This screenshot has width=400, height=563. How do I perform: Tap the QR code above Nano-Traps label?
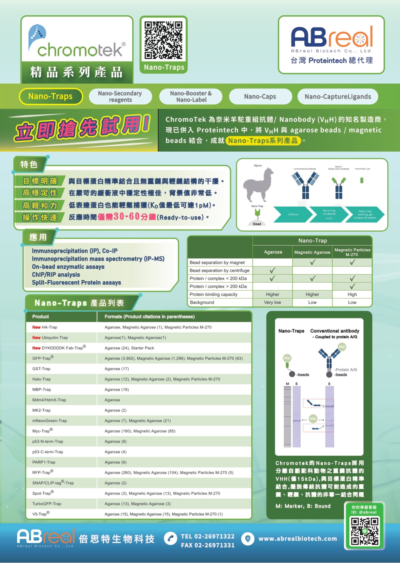tap(163, 40)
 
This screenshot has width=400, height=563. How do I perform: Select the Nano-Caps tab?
tap(260, 97)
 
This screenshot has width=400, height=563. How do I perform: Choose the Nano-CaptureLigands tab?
tap(338, 97)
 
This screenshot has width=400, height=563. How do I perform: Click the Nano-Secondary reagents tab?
tap(120, 97)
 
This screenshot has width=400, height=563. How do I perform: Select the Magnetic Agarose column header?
tap(312, 252)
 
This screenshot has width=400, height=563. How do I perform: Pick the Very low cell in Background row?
tap(272, 302)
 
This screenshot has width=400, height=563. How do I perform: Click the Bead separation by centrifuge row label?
tap(219, 270)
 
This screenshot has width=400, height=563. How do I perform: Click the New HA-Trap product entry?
tap(45, 327)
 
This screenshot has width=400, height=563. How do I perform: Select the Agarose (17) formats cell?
tap(117, 369)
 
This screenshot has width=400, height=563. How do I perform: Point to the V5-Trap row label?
tap(41, 514)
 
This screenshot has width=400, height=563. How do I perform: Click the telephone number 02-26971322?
tap(208, 536)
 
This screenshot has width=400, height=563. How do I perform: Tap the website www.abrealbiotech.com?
tap(297, 539)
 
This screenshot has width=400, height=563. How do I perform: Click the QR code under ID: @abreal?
tap(365, 531)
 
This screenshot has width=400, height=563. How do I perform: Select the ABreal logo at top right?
tap(332, 44)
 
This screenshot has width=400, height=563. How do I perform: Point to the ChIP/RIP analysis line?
tap(56, 275)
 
